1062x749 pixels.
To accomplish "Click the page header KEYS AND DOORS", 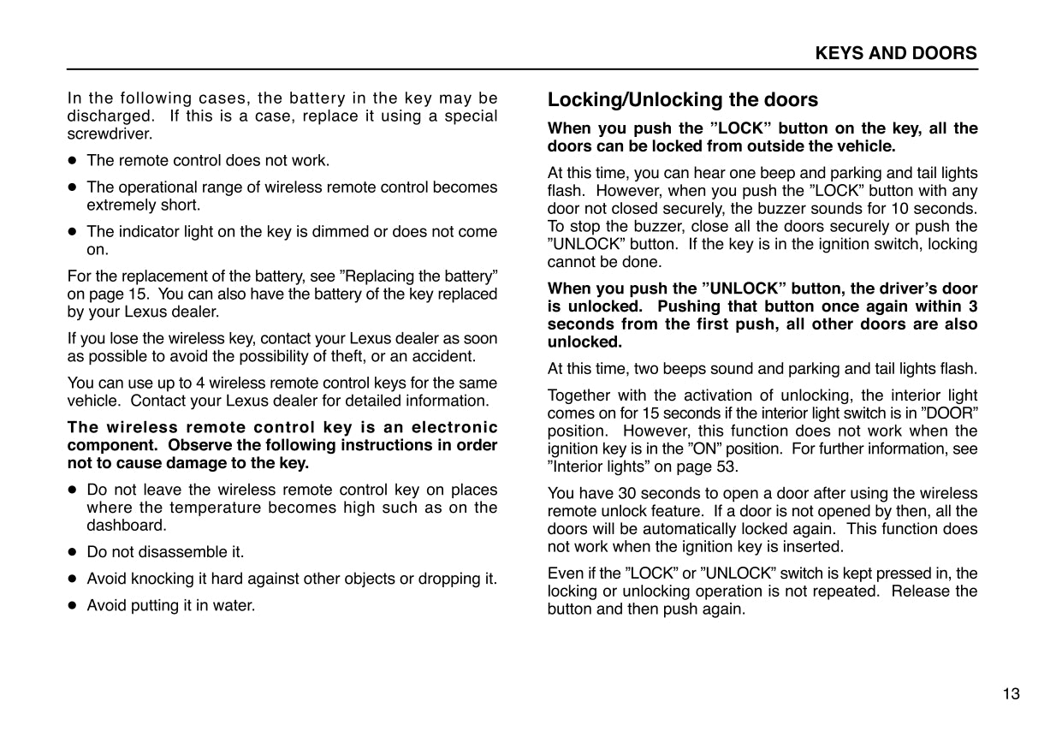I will pyautogui.click(x=895, y=53).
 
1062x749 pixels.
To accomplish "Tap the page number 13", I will pyautogui.click(x=1011, y=694).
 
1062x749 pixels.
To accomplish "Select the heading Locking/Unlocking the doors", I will pyautogui.click(x=682, y=100).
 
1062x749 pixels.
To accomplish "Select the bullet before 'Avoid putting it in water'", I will pyautogui.click(x=74, y=606).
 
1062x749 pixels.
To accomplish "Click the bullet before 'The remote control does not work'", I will pyautogui.click(x=74, y=161).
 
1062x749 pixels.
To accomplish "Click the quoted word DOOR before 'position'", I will pyautogui.click(x=952, y=413).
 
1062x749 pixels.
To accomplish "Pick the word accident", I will pyautogui.click(x=442, y=356).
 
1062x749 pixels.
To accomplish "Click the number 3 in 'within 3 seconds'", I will pyautogui.click(x=972, y=306).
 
